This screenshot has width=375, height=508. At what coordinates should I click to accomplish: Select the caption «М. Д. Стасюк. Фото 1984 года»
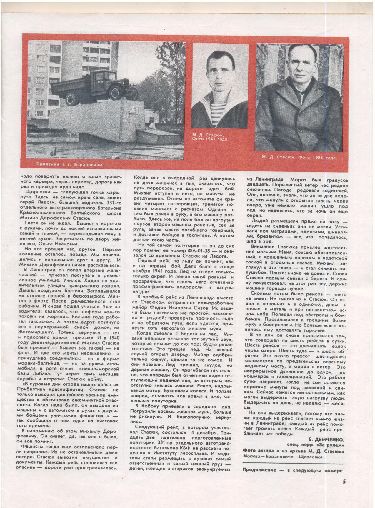coord(299,158)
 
